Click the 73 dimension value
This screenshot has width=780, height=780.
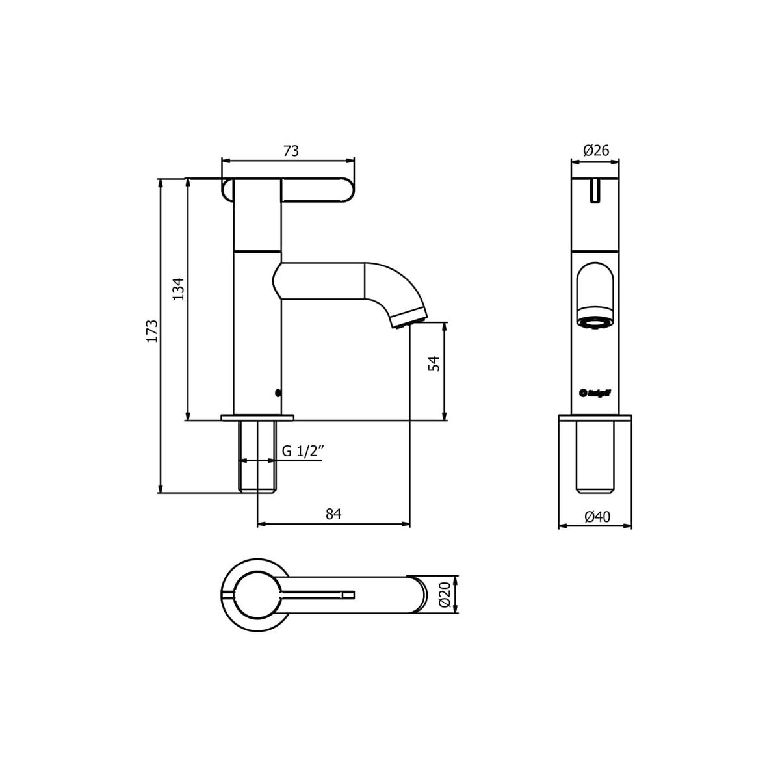tap(291, 151)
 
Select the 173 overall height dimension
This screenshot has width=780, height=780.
tap(151, 331)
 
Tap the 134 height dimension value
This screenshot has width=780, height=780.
tap(179, 289)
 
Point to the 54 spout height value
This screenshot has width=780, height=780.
tap(435, 363)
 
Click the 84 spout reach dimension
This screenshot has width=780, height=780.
tap(333, 514)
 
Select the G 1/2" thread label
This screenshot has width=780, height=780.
tap(302, 452)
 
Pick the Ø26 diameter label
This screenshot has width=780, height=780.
tap(595, 151)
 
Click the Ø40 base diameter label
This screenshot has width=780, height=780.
tap(597, 517)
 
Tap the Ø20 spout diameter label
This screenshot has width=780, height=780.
tap(445, 594)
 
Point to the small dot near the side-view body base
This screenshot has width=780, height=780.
tap(278, 393)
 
